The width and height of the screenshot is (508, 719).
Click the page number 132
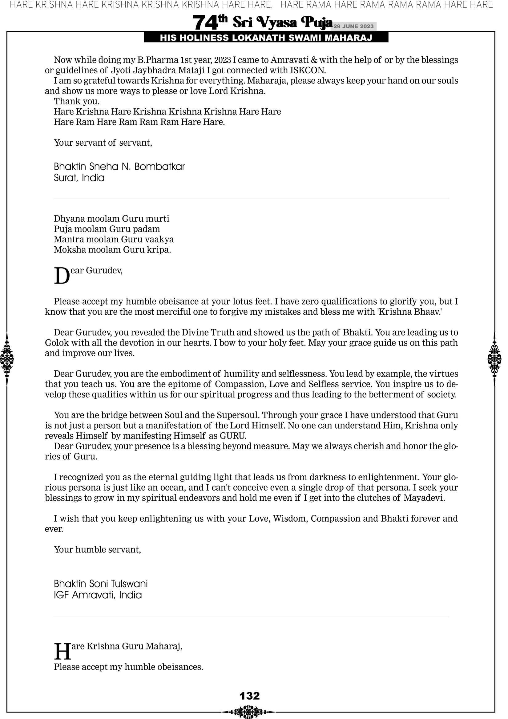click(249, 696)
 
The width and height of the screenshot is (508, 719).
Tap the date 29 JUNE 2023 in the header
click(353, 26)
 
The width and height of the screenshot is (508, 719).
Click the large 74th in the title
click(209, 22)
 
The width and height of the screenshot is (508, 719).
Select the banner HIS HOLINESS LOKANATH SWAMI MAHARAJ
click(266, 38)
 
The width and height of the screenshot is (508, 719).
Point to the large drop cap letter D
click(62, 276)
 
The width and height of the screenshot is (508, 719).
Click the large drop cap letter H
click(62, 651)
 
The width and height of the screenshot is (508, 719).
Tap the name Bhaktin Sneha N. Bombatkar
click(119, 167)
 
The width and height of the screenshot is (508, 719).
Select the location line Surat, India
click(79, 178)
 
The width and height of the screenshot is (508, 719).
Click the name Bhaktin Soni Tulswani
click(101, 584)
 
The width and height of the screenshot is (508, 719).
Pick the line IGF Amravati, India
click(98, 595)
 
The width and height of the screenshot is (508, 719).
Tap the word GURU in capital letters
click(233, 436)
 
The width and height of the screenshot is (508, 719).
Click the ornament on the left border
click(7, 359)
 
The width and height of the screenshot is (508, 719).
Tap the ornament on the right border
click(494, 359)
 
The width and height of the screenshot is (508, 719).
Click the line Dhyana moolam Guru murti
click(111, 219)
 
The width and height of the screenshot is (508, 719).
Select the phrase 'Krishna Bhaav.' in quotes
click(410, 312)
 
